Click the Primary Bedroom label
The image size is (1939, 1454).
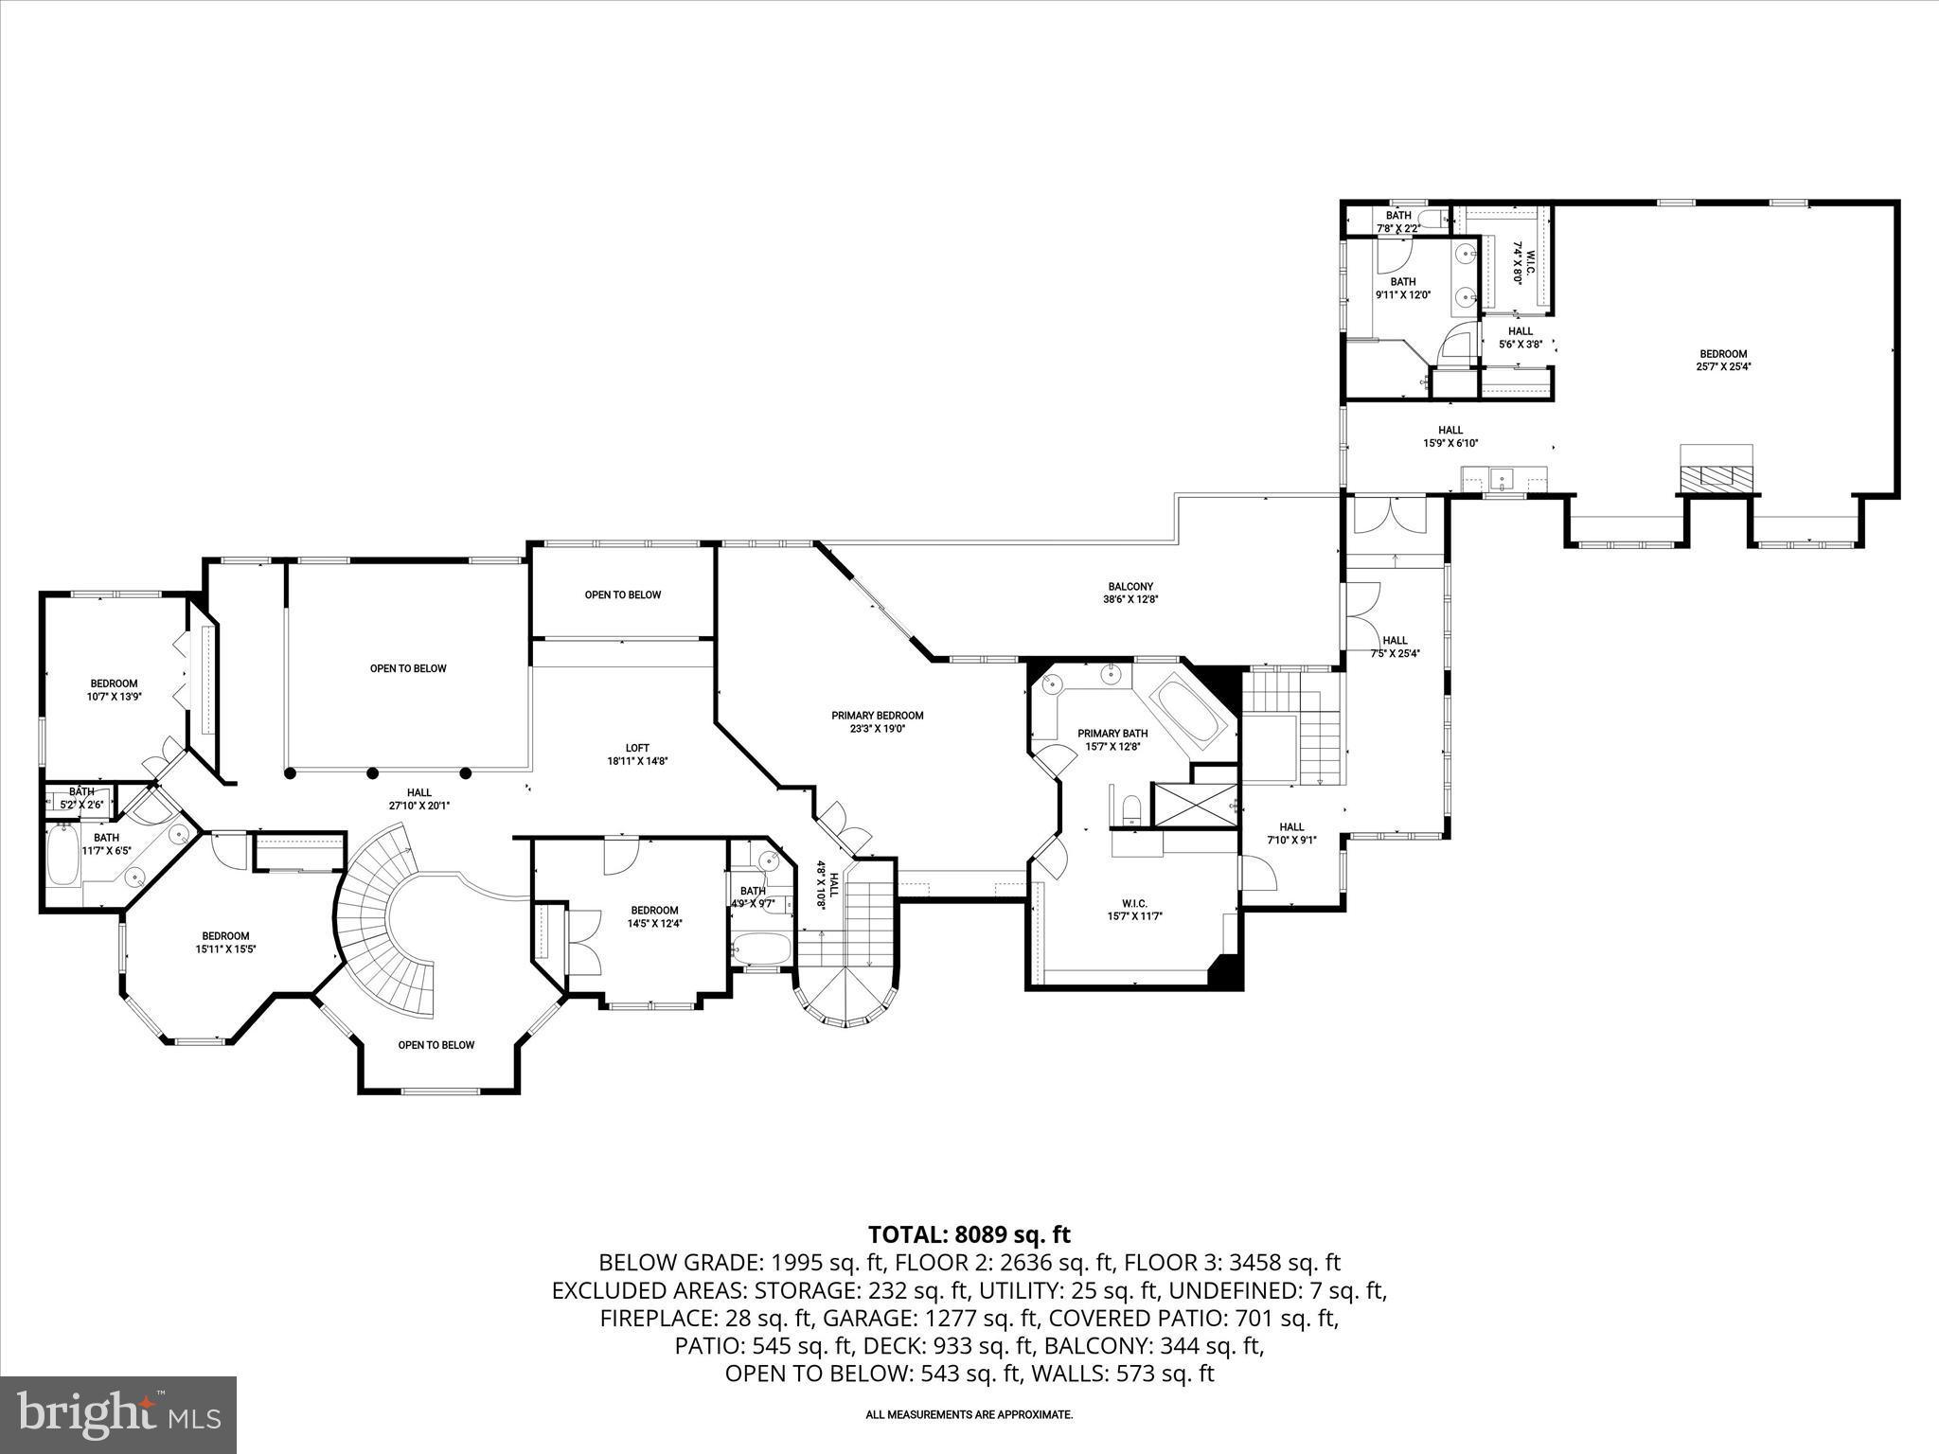pyautogui.click(x=877, y=721)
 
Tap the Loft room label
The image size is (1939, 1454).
pyautogui.click(x=637, y=754)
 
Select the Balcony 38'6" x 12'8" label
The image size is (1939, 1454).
pyautogui.click(x=1130, y=593)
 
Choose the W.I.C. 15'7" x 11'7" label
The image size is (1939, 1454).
pyautogui.click(x=1133, y=910)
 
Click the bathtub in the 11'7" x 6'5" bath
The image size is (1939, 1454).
pyautogui.click(x=63, y=857)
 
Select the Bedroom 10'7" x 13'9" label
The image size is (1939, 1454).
pyautogui.click(x=114, y=689)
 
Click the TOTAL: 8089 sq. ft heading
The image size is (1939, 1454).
pyautogui.click(x=969, y=1234)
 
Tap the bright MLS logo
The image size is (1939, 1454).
pyautogui.click(x=118, y=1415)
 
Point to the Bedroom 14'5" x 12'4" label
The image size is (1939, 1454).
pyautogui.click(x=654, y=916)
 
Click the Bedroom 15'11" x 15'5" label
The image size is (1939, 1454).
pyautogui.click(x=225, y=942)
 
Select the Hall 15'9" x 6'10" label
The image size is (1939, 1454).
pyautogui.click(x=1450, y=436)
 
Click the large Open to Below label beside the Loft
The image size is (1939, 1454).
pyautogui.click(x=408, y=668)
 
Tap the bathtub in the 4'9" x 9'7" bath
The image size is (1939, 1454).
pyautogui.click(x=762, y=949)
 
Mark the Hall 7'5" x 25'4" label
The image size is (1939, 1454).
pyautogui.click(x=1395, y=647)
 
